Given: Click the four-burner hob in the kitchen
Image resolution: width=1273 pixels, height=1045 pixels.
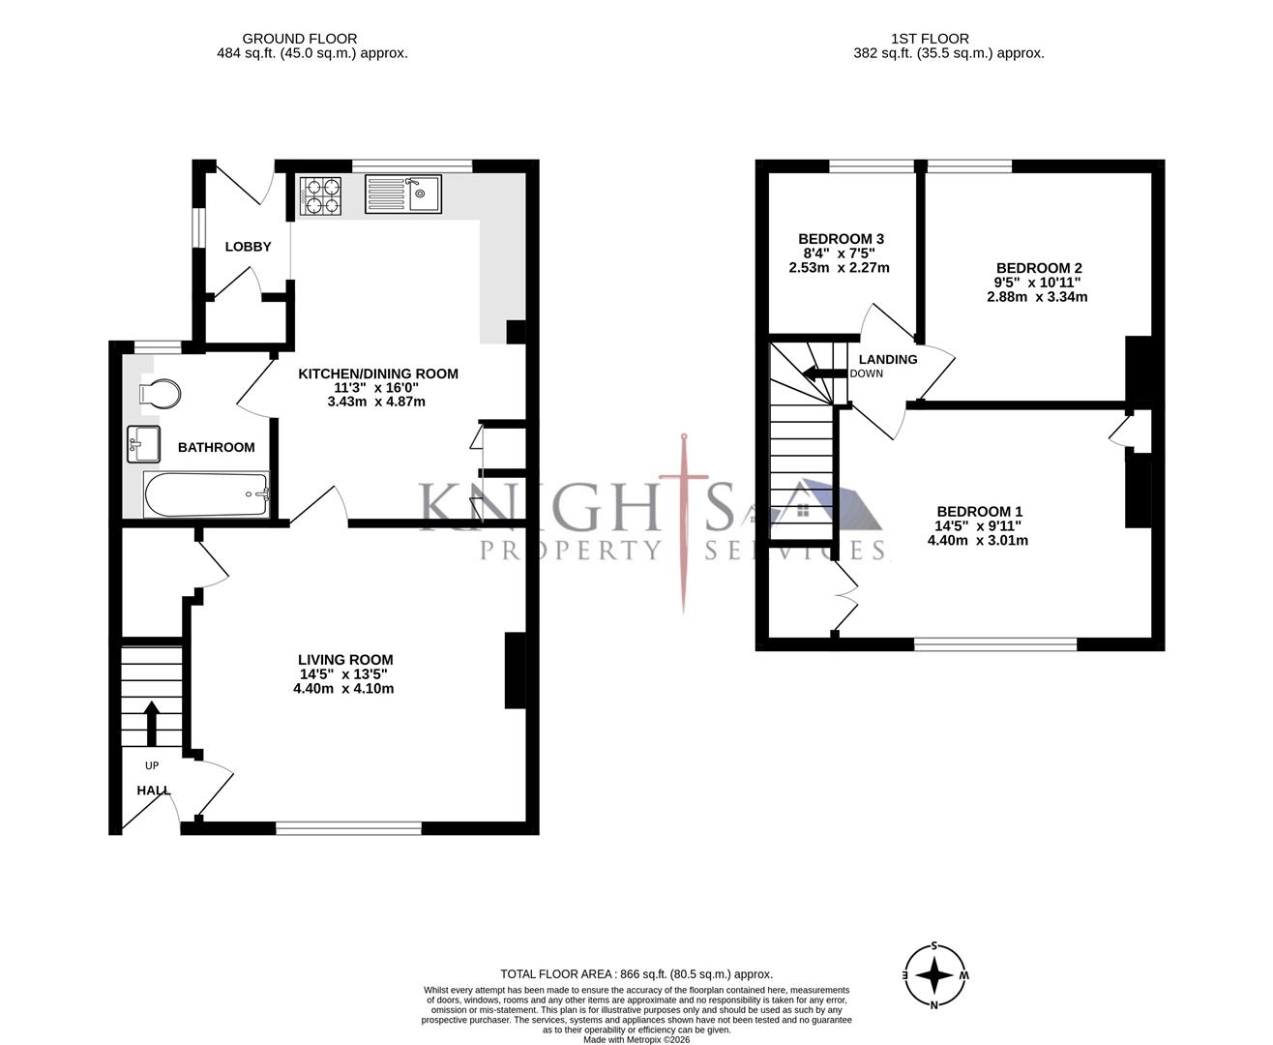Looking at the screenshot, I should point(322,194).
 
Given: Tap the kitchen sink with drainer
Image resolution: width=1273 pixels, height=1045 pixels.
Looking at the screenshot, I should point(402,194).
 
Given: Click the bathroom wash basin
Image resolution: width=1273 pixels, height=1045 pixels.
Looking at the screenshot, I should point(143,444).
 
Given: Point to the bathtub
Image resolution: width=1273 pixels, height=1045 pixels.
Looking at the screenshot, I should point(206,494).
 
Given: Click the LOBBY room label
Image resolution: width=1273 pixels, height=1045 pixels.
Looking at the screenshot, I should point(248,247).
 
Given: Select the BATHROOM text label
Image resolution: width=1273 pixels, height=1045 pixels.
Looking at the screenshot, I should point(216,447).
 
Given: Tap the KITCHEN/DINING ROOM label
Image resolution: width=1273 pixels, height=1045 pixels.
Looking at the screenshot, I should point(377,373).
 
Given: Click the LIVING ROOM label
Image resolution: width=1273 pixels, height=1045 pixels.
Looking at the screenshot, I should point(345,660).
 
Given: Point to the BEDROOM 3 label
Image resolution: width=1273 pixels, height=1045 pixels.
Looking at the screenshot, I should point(841,239).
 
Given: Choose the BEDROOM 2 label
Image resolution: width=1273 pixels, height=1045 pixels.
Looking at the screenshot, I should point(1038,268).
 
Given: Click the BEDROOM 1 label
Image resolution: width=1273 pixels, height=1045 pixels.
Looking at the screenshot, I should point(979,512).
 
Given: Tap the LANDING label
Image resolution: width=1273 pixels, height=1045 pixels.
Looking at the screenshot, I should point(887,359).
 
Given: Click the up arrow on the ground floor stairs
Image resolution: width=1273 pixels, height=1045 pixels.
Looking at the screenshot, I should point(151,722).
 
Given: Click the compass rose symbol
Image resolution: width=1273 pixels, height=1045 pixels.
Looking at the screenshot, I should point(934,975).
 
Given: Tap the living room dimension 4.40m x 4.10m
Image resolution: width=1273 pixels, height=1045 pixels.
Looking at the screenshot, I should point(343,689).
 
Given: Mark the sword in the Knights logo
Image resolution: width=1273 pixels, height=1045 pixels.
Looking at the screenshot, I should point(685,522).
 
